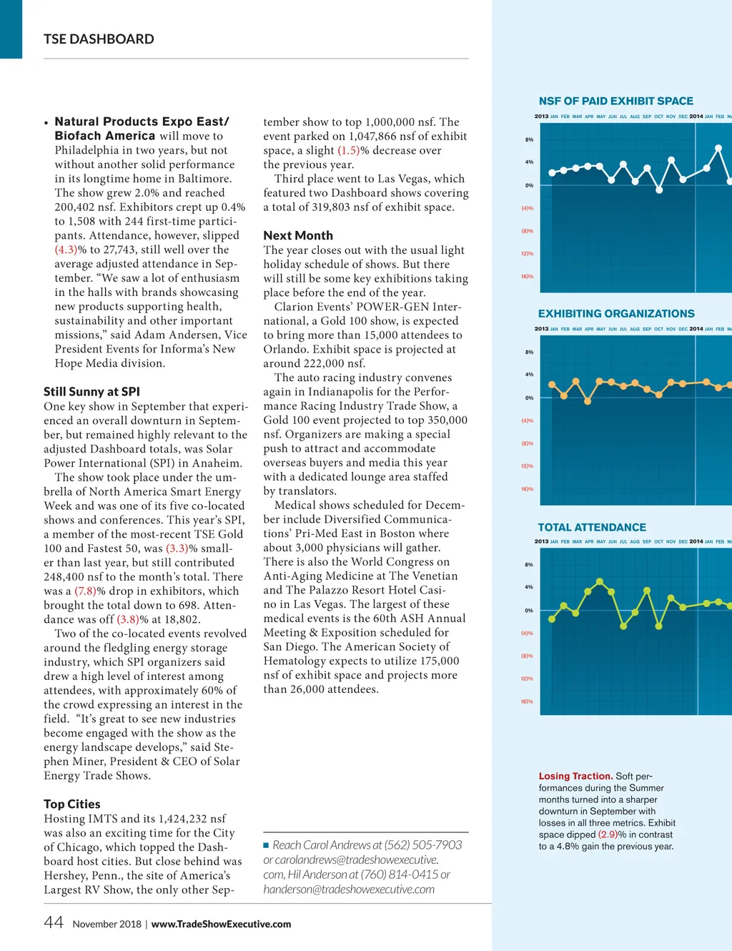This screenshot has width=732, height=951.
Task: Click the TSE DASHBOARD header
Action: (99, 39)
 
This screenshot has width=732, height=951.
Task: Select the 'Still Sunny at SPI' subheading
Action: (91, 392)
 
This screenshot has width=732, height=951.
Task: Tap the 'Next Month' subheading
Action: (298, 235)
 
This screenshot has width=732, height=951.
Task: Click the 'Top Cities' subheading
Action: (72, 804)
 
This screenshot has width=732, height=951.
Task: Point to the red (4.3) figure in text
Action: (66, 250)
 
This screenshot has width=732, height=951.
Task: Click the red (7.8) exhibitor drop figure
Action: (85, 591)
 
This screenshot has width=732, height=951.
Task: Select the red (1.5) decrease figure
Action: (348, 150)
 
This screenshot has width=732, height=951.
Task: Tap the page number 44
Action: (54, 922)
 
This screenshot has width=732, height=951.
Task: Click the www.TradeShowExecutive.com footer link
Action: (221, 924)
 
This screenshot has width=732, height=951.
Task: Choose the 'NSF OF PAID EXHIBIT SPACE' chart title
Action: (615, 102)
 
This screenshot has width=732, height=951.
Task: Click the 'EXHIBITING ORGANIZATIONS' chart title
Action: (616, 314)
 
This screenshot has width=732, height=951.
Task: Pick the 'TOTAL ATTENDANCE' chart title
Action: (592, 528)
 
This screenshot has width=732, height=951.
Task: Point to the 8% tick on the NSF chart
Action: (529, 140)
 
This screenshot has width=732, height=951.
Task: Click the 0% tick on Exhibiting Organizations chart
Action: (529, 398)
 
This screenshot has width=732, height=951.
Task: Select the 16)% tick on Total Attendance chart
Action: (527, 702)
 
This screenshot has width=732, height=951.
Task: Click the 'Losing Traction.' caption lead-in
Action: (575, 777)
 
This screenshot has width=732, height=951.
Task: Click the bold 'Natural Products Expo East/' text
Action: (142, 122)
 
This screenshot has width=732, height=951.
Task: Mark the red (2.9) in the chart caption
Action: (608, 834)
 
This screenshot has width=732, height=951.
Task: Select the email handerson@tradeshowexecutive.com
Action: (349, 890)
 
